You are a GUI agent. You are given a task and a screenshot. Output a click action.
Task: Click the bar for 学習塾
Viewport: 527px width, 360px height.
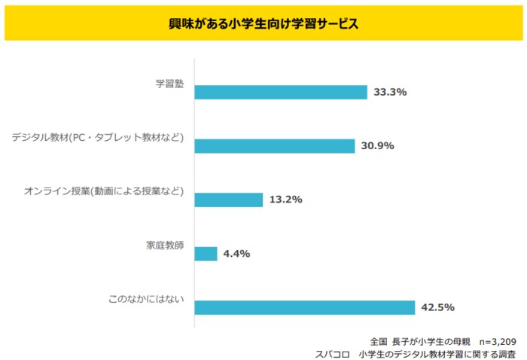281,92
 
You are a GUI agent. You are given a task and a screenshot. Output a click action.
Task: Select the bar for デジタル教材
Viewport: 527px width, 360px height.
274,146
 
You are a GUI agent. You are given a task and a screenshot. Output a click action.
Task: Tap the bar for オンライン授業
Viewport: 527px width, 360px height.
228,200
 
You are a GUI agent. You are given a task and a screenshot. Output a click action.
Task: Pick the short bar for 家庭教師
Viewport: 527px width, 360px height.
206,254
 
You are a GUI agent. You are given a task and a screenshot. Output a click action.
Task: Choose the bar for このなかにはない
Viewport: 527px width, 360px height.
304,307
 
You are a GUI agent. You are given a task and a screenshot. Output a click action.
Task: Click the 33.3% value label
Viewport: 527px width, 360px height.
390,92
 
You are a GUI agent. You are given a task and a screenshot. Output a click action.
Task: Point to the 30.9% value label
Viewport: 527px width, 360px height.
377,146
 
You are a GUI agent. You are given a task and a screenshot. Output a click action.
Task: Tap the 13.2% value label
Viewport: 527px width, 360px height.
285,200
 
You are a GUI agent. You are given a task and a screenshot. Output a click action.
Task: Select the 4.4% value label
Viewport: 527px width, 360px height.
236,254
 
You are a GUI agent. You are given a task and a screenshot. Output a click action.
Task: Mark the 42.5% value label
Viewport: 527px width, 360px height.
437,307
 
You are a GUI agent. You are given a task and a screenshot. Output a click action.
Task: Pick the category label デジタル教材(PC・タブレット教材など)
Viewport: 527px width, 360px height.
98,137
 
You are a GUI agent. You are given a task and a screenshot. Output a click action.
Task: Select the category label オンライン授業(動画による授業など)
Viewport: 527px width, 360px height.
104,191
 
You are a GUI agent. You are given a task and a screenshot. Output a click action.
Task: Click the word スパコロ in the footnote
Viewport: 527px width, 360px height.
334,353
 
